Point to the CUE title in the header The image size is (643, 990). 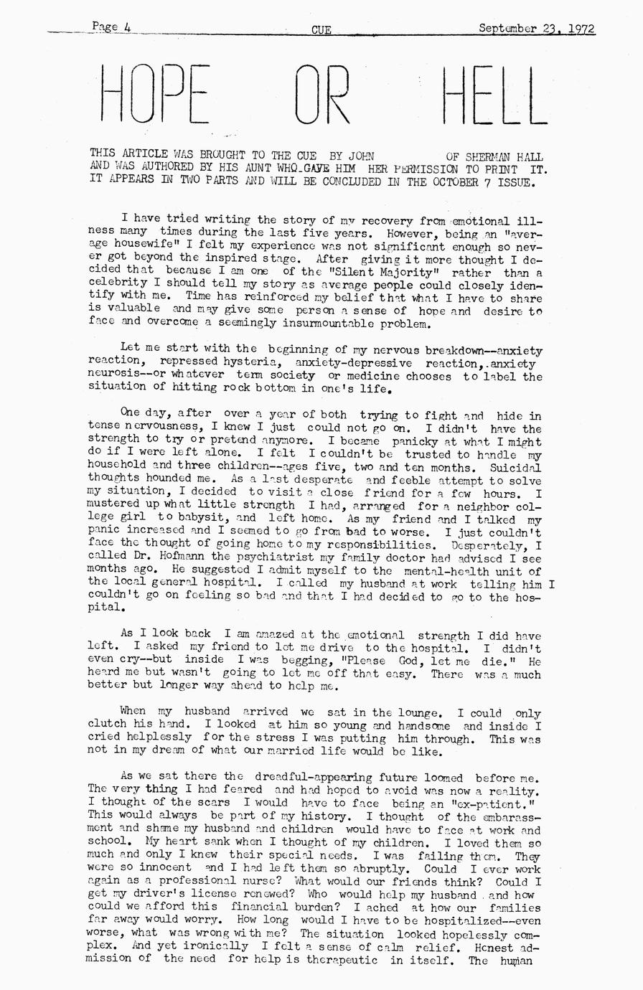coord(321,29)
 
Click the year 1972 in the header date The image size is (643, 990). coord(581,29)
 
